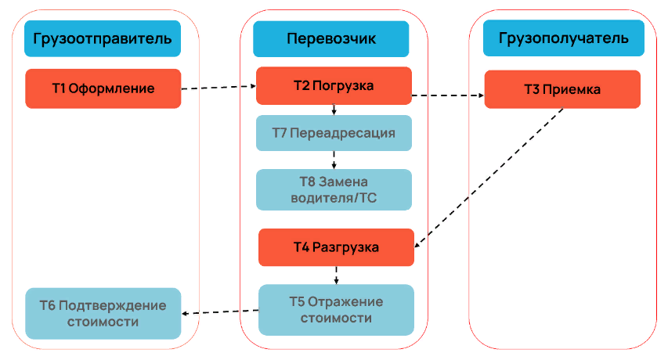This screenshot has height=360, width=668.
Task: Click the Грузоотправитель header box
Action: [x=103, y=38]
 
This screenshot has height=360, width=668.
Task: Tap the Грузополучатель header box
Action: [x=562, y=38]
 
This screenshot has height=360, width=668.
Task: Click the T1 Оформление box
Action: [x=103, y=88]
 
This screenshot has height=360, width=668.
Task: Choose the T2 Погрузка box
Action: [x=334, y=85]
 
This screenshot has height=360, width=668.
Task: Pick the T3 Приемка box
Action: [x=562, y=89]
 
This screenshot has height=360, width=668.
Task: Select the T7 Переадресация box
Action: [x=334, y=133]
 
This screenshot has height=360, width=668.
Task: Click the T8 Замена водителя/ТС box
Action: [x=334, y=189]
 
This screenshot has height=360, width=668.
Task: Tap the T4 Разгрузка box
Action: [x=336, y=247]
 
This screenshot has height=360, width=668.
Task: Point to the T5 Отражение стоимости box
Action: [x=336, y=310]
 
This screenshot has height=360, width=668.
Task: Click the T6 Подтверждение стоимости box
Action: [x=103, y=313]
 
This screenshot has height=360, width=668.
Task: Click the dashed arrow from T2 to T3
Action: [x=448, y=95]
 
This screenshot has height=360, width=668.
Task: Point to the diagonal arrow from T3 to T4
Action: [x=489, y=177]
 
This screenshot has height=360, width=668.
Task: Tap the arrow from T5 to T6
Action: [x=220, y=312]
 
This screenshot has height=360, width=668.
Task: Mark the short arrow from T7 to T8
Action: [x=334, y=160]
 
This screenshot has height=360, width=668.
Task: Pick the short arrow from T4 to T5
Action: [x=336, y=275]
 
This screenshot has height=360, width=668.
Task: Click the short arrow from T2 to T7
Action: [x=334, y=110]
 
